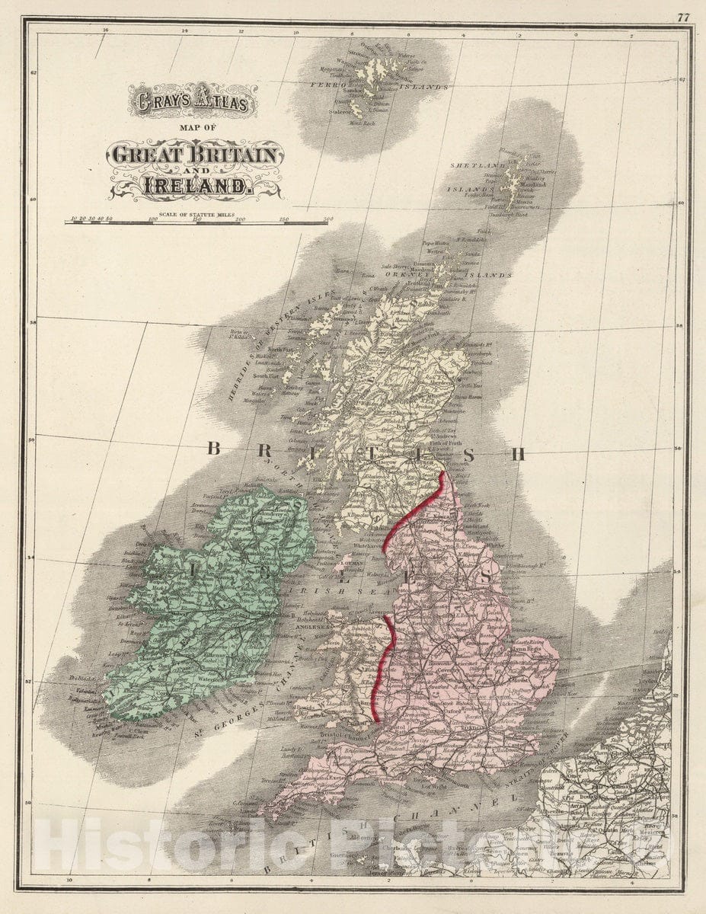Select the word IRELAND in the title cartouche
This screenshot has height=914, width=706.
196,185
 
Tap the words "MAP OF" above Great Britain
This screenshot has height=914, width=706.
196,128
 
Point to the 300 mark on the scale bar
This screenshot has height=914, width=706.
326,220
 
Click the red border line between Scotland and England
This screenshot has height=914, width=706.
415,510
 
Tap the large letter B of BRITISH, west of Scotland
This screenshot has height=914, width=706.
214,449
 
